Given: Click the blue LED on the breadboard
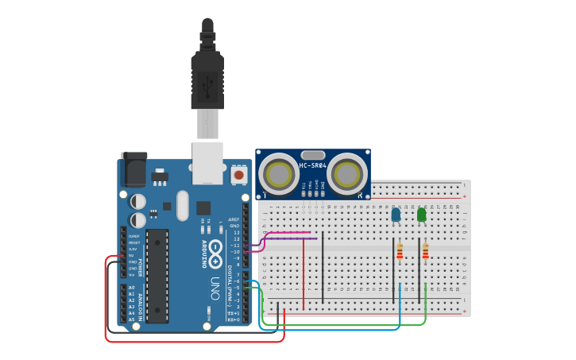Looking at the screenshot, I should coord(396,215).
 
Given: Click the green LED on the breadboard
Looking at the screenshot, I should coord(421,214).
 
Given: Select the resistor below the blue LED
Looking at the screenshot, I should coord(400,252).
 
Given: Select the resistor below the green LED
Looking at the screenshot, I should coord(425,252).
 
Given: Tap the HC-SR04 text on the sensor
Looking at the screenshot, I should coord(313,165).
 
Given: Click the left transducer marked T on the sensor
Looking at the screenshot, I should coord(279,173).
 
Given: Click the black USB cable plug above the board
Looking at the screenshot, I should coord(208,79).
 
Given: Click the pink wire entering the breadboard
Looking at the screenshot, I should coord(286,234).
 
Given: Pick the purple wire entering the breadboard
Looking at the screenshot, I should coord(290,238).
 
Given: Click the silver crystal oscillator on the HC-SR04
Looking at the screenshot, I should coord(313,155).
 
